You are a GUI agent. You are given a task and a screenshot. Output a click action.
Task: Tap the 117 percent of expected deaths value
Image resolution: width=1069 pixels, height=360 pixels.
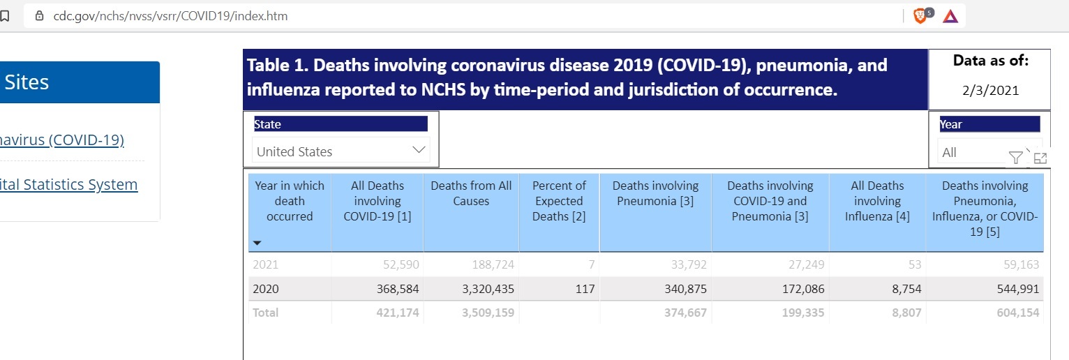[x=585, y=289]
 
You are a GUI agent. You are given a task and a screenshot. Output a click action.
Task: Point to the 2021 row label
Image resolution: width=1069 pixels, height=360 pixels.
[x=265, y=264]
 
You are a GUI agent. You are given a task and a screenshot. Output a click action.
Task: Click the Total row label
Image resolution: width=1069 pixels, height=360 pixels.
[x=265, y=313]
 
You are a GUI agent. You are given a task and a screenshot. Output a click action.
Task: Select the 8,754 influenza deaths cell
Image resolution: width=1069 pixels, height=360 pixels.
[x=906, y=289]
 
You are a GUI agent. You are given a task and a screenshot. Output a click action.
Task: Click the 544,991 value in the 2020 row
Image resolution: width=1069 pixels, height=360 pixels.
[x=1015, y=289]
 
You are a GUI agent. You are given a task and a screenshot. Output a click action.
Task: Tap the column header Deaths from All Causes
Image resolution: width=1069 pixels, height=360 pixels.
[x=471, y=193]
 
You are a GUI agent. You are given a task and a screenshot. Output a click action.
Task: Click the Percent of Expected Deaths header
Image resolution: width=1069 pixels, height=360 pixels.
[x=559, y=201]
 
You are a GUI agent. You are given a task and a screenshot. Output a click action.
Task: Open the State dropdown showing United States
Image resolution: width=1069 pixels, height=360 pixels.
[x=341, y=151]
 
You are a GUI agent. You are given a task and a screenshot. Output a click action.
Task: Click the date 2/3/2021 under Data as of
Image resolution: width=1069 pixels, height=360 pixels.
[x=990, y=90]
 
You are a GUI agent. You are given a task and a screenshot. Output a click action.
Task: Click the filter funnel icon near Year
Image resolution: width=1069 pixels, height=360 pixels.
[x=1016, y=158]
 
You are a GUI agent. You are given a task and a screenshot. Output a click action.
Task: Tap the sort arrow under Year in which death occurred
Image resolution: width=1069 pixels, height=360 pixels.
[x=257, y=243]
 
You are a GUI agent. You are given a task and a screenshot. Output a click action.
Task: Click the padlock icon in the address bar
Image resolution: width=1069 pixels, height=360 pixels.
[x=39, y=15]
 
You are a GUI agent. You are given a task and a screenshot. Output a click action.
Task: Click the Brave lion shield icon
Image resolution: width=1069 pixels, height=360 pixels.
[x=921, y=15]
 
